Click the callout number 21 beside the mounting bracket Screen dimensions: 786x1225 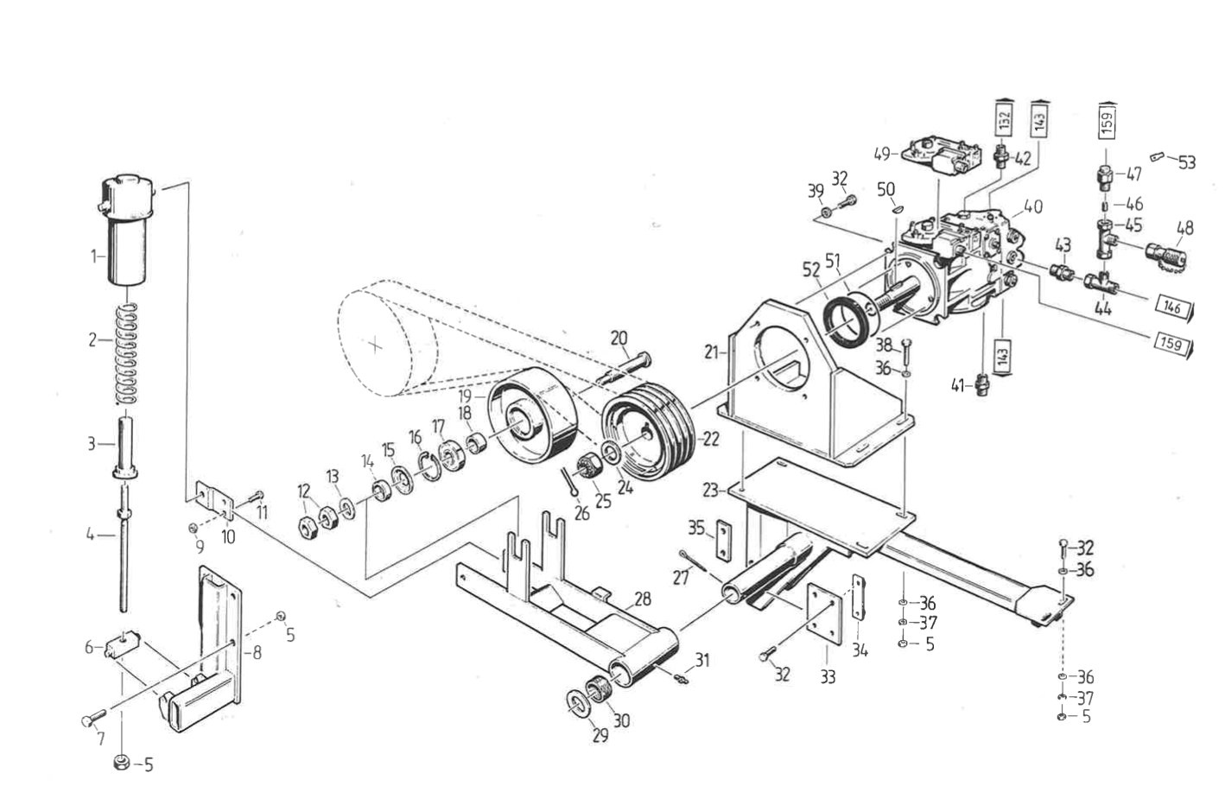coord(711,351)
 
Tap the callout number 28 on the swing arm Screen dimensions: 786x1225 coord(642,599)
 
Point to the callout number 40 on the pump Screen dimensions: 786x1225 coord(1032,206)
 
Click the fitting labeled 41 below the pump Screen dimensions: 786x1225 coord(981,383)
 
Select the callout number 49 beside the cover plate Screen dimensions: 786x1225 coord(882,154)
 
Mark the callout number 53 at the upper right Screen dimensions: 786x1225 coord(1187,162)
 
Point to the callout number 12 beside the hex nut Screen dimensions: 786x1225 coord(303,491)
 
